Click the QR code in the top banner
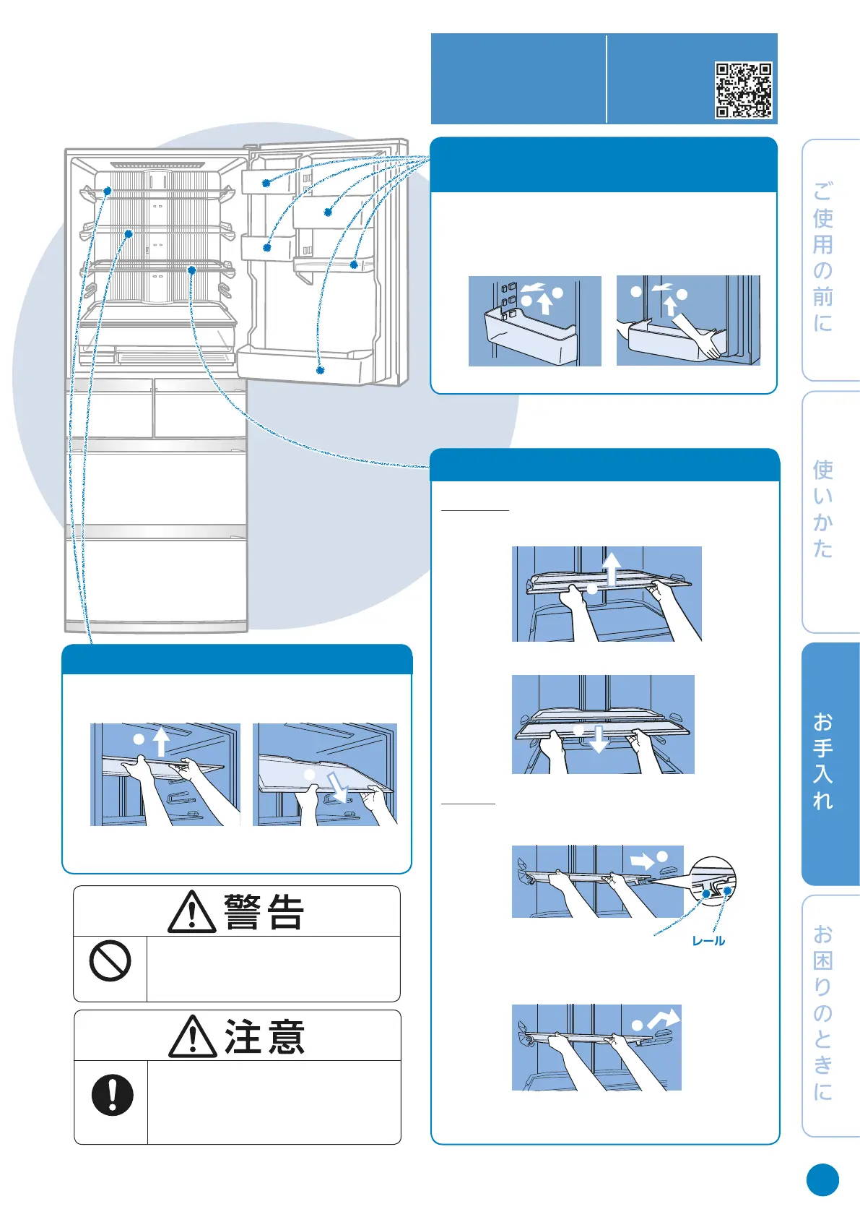click(743, 90)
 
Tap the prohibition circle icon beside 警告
click(110, 961)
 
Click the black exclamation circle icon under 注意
click(112, 1095)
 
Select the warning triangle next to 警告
click(191, 912)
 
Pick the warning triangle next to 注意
click(192, 1036)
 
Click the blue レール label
click(708, 941)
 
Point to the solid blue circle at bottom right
click(822, 1180)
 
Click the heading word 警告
click(264, 912)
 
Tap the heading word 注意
click(264, 1036)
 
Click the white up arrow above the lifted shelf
click(612, 568)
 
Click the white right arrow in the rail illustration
click(642, 861)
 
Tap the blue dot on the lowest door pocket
click(320, 370)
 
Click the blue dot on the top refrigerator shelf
click(107, 191)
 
